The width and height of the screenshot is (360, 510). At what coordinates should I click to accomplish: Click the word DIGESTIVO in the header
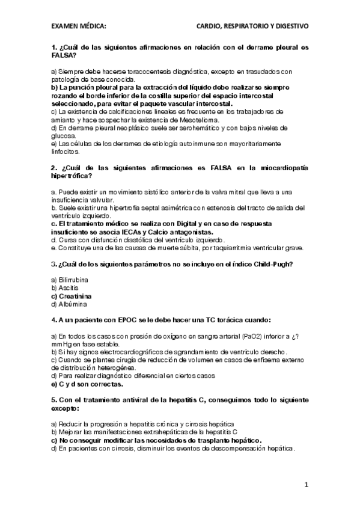point(290,26)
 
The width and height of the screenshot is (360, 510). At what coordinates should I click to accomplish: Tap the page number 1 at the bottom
point(306,484)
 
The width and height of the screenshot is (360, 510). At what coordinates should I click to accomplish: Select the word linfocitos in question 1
point(66,152)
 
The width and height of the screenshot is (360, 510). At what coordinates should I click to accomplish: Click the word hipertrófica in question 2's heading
point(71,176)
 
